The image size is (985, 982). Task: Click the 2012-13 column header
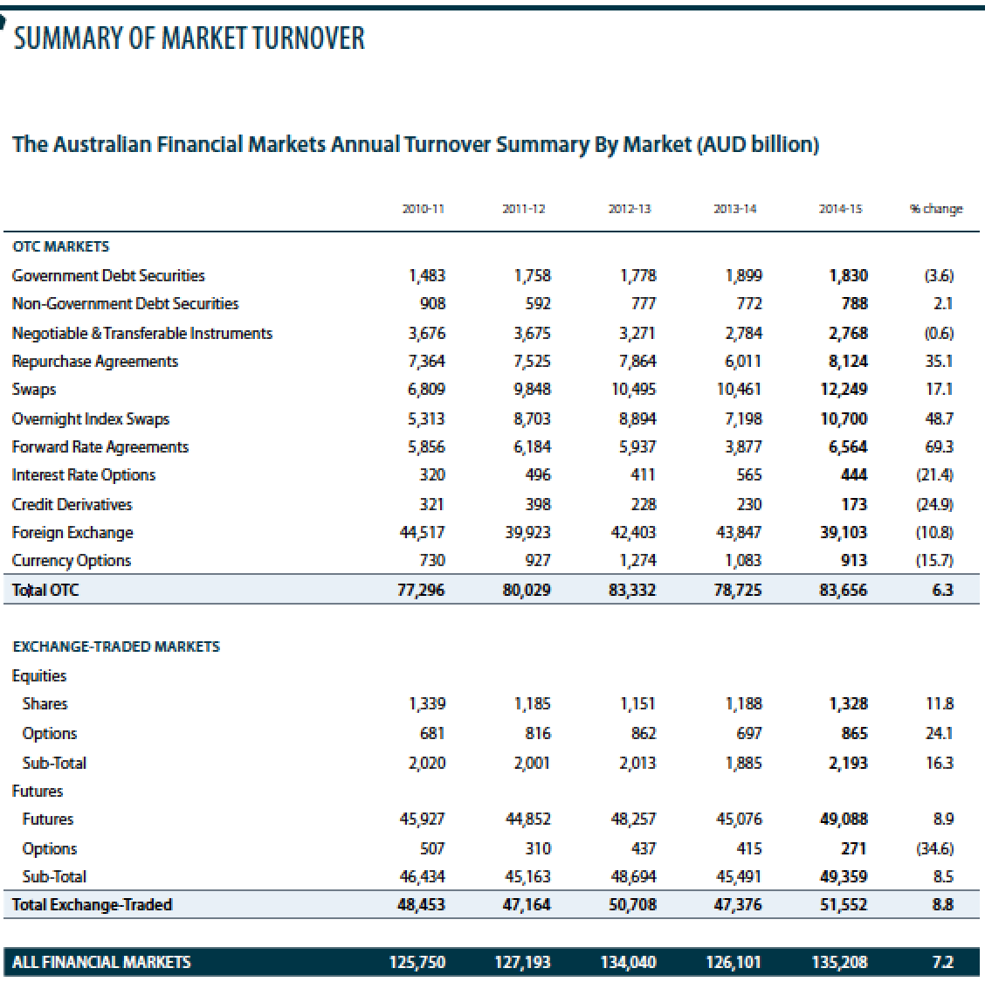tap(630, 209)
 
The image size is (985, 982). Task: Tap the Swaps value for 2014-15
tap(844, 390)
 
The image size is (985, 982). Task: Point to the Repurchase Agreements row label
tap(94, 362)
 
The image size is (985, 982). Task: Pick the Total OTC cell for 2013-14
tap(738, 591)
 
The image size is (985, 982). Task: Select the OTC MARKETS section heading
tap(60, 246)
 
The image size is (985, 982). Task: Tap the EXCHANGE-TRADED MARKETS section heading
tap(116, 647)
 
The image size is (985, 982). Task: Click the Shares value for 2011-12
tap(531, 704)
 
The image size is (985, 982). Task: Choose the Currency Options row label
tap(72, 561)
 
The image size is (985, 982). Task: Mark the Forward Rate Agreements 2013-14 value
tap(742, 447)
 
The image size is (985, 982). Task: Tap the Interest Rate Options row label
tap(84, 475)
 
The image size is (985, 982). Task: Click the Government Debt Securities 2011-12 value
tap(531, 276)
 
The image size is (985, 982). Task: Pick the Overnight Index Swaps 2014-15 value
tap(844, 419)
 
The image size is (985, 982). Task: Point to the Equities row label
tap(38, 675)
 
